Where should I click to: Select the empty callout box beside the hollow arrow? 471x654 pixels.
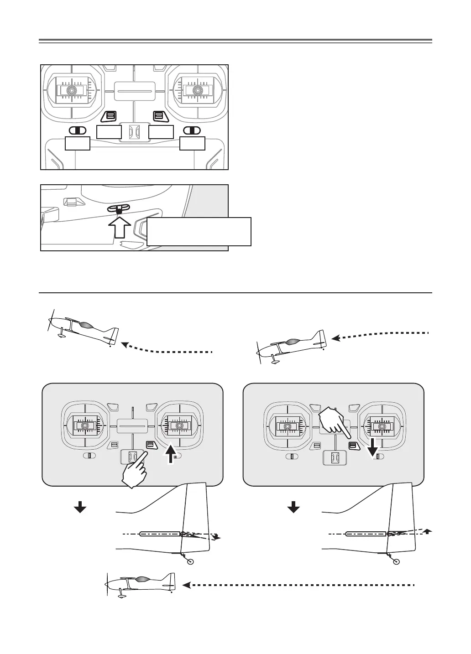(x=199, y=232)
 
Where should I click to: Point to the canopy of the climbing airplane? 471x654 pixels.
(x=86, y=326)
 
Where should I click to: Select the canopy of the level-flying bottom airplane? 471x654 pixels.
(x=141, y=579)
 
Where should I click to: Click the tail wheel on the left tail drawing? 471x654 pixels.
(x=191, y=562)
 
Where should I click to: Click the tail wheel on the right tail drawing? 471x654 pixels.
(x=396, y=562)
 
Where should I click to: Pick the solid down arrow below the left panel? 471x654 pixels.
(x=80, y=507)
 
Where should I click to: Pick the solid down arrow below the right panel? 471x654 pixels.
(x=293, y=507)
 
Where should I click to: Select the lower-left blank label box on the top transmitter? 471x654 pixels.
(x=78, y=143)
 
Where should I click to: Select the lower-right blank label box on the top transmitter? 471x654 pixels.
(x=193, y=143)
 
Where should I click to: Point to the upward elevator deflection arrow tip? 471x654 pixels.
(x=428, y=530)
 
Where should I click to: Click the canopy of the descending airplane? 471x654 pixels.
(x=293, y=341)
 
